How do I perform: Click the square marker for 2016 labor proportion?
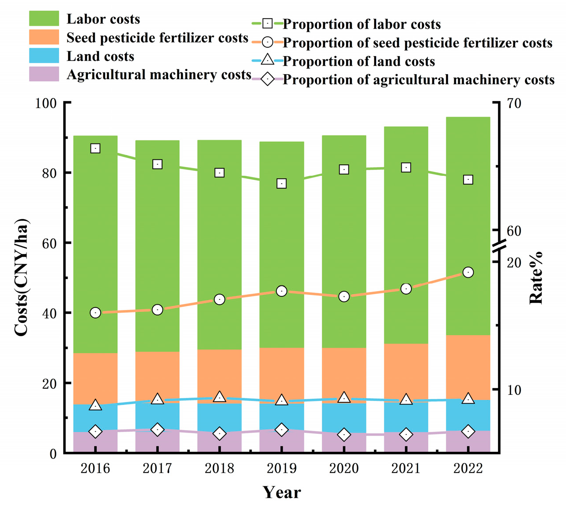coord(95,148)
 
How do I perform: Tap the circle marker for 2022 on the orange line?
coord(468,272)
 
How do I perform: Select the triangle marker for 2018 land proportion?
coord(219,397)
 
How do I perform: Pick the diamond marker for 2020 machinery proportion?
coord(344,435)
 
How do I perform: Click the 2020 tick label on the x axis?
coord(344,469)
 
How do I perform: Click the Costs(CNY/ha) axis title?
coord(21,277)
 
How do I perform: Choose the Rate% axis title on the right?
coord(536,278)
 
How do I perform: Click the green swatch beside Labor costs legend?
coord(44,19)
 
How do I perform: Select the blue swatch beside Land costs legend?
coord(44,56)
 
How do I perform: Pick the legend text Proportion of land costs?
coord(358,61)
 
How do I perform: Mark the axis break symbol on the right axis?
coord(499,246)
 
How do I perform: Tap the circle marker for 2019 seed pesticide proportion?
coord(282,291)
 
